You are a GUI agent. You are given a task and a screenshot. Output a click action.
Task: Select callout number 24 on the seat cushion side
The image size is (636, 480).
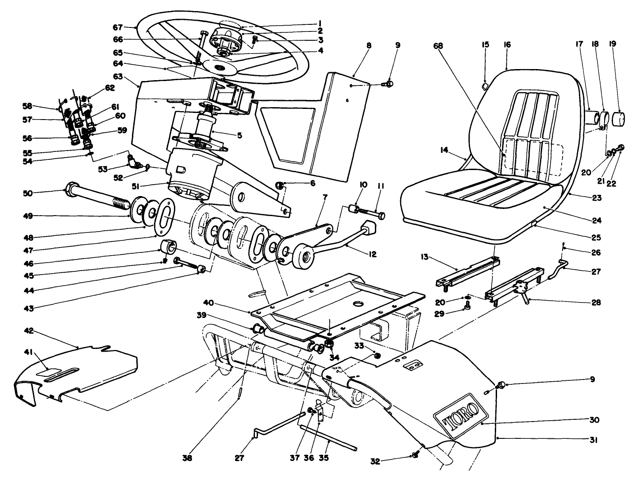(x=596, y=220)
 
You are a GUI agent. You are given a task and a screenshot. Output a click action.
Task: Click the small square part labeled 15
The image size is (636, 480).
(x=485, y=85)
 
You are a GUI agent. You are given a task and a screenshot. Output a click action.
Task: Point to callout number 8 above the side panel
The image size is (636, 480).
(x=369, y=45)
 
